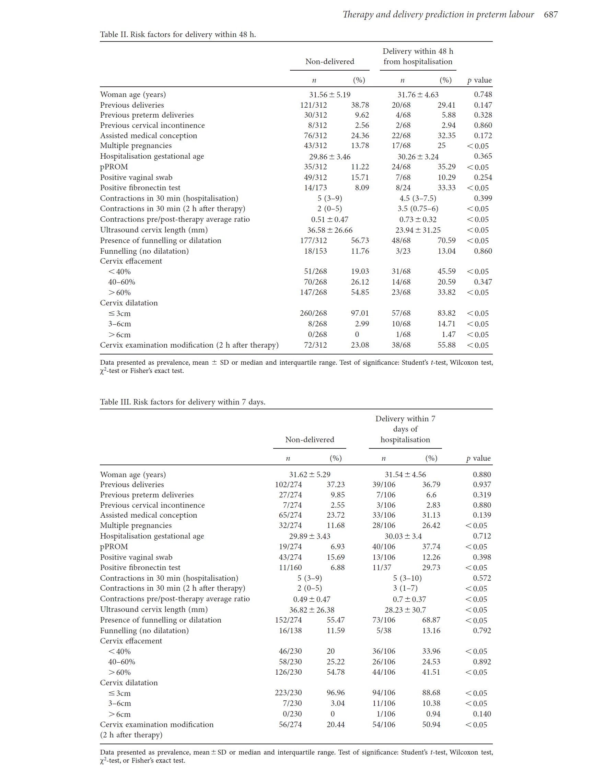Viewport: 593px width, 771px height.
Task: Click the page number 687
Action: click(x=550, y=14)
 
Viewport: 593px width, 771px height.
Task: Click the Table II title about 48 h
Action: click(x=178, y=35)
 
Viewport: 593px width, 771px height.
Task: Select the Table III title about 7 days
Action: click(x=183, y=402)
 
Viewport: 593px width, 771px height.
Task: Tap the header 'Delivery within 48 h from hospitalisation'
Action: click(x=418, y=57)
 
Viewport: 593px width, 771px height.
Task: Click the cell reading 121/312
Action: click(x=313, y=105)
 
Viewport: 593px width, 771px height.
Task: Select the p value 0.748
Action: click(x=482, y=95)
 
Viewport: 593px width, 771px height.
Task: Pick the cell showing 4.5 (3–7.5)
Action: click(x=418, y=198)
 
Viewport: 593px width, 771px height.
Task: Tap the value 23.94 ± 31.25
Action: click(x=418, y=230)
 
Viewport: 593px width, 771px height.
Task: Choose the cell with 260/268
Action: click(x=313, y=313)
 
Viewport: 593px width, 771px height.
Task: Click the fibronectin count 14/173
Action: click(x=315, y=188)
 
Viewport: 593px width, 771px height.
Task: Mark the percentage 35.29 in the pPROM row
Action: click(x=446, y=167)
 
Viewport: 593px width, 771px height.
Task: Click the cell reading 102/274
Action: click(x=288, y=484)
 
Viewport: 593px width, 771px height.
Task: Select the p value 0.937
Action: click(x=481, y=484)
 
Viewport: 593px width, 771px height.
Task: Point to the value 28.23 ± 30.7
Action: click(x=405, y=610)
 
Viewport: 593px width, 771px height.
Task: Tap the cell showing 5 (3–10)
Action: click(x=407, y=578)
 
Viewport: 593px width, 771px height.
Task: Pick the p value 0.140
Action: click(x=481, y=713)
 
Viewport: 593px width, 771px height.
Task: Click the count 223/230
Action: click(x=288, y=692)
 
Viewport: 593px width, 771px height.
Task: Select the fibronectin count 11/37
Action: click(x=382, y=567)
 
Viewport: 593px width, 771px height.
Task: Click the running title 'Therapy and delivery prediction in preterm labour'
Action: click(x=438, y=14)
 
